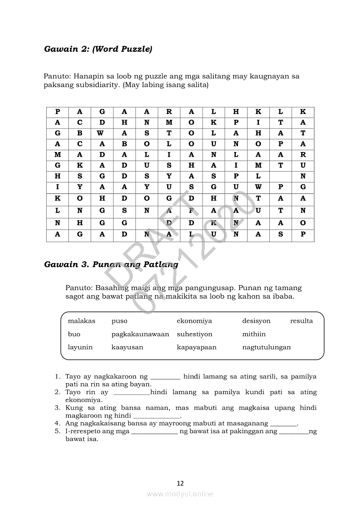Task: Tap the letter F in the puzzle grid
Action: coord(191,211)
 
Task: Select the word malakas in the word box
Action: coord(82,321)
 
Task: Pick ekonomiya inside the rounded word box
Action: coord(194,321)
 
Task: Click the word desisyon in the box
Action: coord(256,321)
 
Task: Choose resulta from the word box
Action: coord(302,321)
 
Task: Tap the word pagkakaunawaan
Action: coord(140,334)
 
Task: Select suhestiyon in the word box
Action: coord(194,334)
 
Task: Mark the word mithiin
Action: coord(254,334)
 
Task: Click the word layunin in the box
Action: coord(80,347)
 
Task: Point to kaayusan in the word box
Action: coord(127,347)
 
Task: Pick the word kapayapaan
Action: coord(197,347)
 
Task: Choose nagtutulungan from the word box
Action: coord(266,347)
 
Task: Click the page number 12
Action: coord(180,483)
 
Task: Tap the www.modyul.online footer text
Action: coord(180,494)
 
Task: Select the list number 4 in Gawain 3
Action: coord(57,423)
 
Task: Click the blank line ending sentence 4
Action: coord(283,424)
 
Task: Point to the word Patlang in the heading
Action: coord(161,264)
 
